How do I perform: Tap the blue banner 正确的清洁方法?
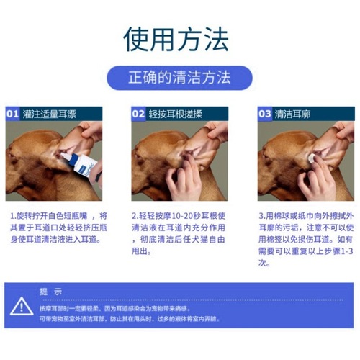point(179,78)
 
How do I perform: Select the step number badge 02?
point(138,113)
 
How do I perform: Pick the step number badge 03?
point(265,113)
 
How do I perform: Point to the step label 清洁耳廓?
point(294,113)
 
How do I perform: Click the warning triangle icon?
point(22,307)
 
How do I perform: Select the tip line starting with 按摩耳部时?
point(122,306)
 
